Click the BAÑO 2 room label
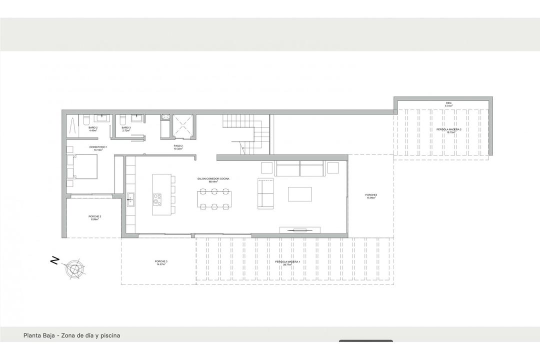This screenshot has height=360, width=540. pos(93,129)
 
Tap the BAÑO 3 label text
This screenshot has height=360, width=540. pos(126,129)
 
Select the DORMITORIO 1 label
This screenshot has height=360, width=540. pos(98,148)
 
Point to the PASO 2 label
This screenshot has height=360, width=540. pos(178,147)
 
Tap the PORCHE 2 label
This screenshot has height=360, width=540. pos(95,217)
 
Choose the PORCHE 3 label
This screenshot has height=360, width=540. pos(160,263)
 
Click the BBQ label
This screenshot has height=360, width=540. pos(448,104)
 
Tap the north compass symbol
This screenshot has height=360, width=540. pos(74,268)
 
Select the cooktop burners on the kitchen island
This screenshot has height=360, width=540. pos(157,198)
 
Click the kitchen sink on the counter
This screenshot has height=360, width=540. pos(130,199)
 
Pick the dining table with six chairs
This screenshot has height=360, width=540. pos(214,198)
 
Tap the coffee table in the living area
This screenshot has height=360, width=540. pos(299,194)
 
